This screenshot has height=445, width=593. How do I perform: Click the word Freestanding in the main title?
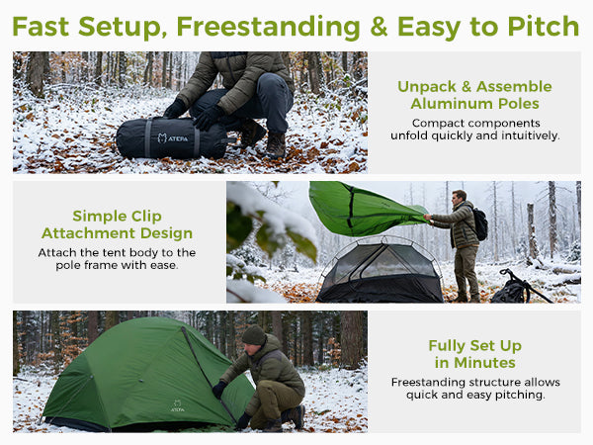(269, 27)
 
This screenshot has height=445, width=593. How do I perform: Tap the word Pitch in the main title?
(543, 27)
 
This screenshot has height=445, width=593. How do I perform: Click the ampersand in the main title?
(379, 27)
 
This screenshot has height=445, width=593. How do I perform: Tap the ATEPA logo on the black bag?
(172, 138)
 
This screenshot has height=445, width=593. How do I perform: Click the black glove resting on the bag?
(208, 118)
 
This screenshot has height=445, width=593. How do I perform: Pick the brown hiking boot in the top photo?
(276, 145)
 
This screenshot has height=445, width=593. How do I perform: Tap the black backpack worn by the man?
(480, 224)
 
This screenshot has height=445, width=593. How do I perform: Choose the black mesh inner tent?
(381, 272)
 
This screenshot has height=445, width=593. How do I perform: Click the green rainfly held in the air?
(363, 209)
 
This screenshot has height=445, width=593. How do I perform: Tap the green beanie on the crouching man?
(254, 335)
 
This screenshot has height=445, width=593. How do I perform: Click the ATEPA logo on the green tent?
(177, 405)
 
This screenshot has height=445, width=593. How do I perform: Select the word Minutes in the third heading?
(484, 363)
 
